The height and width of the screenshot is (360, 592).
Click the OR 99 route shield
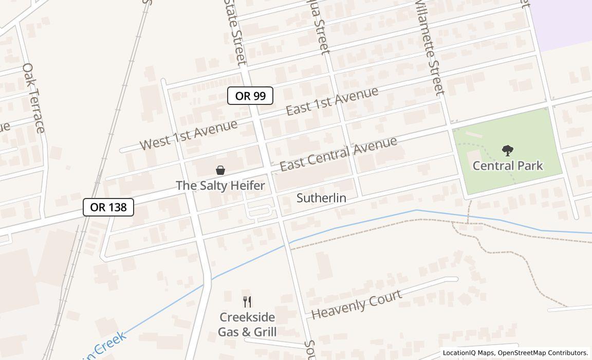tap(250, 96)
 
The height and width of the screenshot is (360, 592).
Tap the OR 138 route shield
tap(108, 207)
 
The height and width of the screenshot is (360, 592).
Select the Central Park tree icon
tap(508, 151)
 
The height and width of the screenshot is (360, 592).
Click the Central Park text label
tap(508, 166)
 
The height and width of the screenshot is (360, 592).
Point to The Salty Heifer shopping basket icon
tap(220, 170)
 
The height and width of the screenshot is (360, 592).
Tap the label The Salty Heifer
tap(220, 185)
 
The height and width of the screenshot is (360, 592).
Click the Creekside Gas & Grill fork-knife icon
tap(247, 301)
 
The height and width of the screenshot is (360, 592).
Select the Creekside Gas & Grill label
tap(247, 325)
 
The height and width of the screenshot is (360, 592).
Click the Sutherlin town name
tap(321, 198)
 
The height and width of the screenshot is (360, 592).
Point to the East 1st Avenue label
tap(332, 101)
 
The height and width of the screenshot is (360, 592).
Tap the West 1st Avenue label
tap(189, 134)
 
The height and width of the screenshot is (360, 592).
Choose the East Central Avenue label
tap(338, 154)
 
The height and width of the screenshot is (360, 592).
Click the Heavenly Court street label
tap(356, 304)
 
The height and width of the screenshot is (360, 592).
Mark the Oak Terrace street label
tap(34, 98)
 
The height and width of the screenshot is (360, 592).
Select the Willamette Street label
tap(429, 47)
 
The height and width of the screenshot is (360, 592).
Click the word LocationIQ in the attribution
tap(459, 353)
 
